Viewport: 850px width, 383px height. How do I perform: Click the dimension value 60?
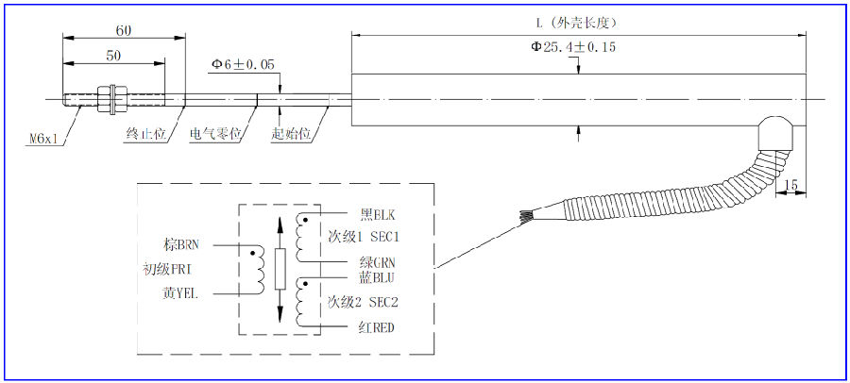(x=124, y=30)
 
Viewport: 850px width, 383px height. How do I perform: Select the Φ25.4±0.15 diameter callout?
(x=573, y=47)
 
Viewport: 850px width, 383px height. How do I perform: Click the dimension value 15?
(x=791, y=184)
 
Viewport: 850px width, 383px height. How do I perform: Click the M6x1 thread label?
(x=42, y=138)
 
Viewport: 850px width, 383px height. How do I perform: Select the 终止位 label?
(x=145, y=135)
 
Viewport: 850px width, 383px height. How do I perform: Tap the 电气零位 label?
(x=216, y=135)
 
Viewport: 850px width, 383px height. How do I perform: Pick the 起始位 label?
(x=291, y=135)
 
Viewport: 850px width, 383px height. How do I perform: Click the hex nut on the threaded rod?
(x=111, y=97)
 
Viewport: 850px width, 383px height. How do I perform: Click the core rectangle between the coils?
(x=280, y=269)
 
